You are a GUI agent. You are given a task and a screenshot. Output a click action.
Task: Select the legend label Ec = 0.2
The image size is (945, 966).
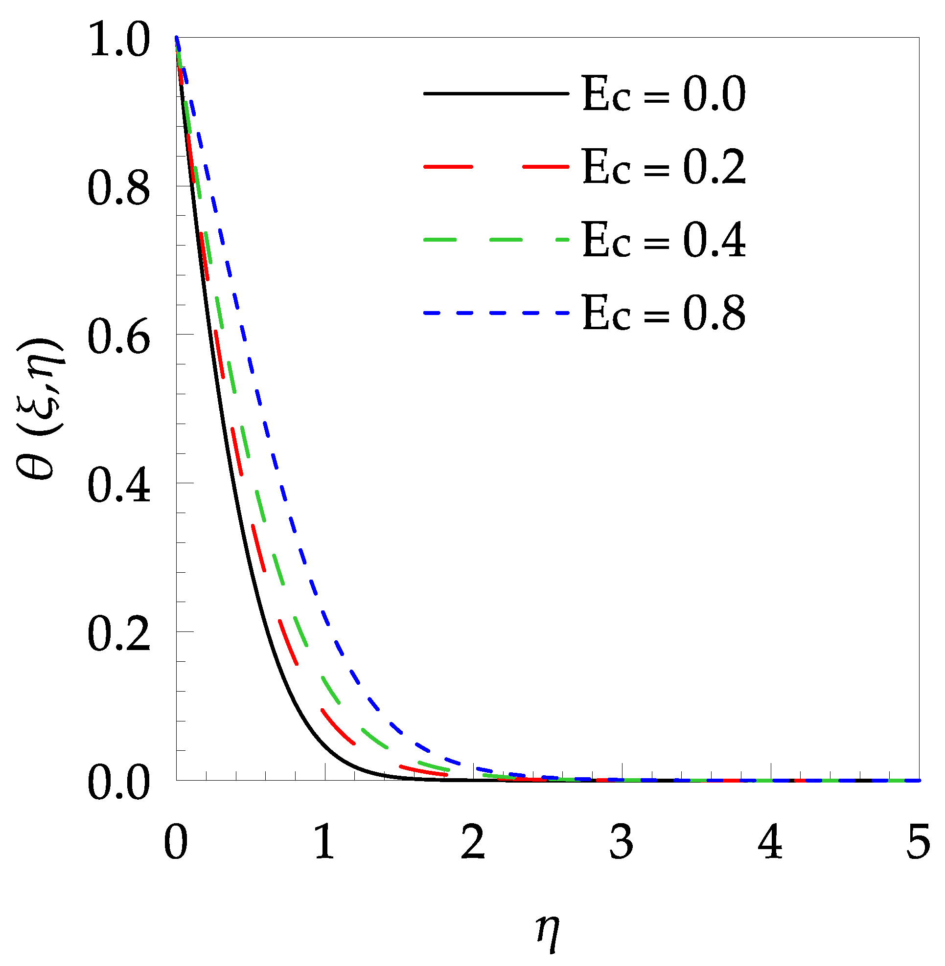pos(664,167)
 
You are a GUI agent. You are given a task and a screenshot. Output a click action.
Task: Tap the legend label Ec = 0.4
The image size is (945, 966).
pos(664,240)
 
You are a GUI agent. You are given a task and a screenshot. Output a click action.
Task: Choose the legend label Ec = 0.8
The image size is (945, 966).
pos(664,313)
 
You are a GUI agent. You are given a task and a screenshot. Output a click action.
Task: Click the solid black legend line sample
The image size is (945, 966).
pos(496,93)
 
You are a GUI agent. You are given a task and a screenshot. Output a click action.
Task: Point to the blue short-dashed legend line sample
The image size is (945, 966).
pos(496,313)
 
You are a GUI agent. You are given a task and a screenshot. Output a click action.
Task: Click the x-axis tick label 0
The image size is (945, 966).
pos(176,842)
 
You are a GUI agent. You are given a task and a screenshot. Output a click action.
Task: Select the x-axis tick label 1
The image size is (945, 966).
pos(324,842)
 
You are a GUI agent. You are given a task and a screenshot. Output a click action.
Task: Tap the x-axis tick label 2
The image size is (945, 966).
pos(473,842)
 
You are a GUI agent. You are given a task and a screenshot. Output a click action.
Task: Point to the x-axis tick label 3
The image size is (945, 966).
pos(622,842)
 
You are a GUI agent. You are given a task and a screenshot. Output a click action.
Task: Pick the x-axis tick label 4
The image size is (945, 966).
pos(770,842)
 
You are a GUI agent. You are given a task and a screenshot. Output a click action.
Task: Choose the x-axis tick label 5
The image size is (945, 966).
pos(918,842)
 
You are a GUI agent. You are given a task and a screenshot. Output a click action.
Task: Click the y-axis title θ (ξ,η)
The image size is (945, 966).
pos(40,409)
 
